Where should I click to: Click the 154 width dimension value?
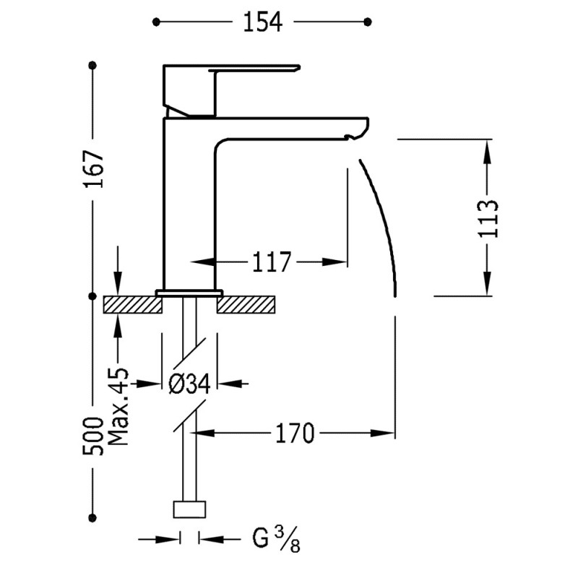click(261, 22)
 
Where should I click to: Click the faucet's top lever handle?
click(253, 70)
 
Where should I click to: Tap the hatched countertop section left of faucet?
click(133, 304)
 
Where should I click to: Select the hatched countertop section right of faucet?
click(247, 304)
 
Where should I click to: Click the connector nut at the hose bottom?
click(189, 509)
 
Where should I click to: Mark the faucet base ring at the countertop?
click(189, 293)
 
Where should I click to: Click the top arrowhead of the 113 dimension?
click(488, 150)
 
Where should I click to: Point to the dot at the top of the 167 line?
click(92, 66)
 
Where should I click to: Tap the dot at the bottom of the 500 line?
click(92, 516)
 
